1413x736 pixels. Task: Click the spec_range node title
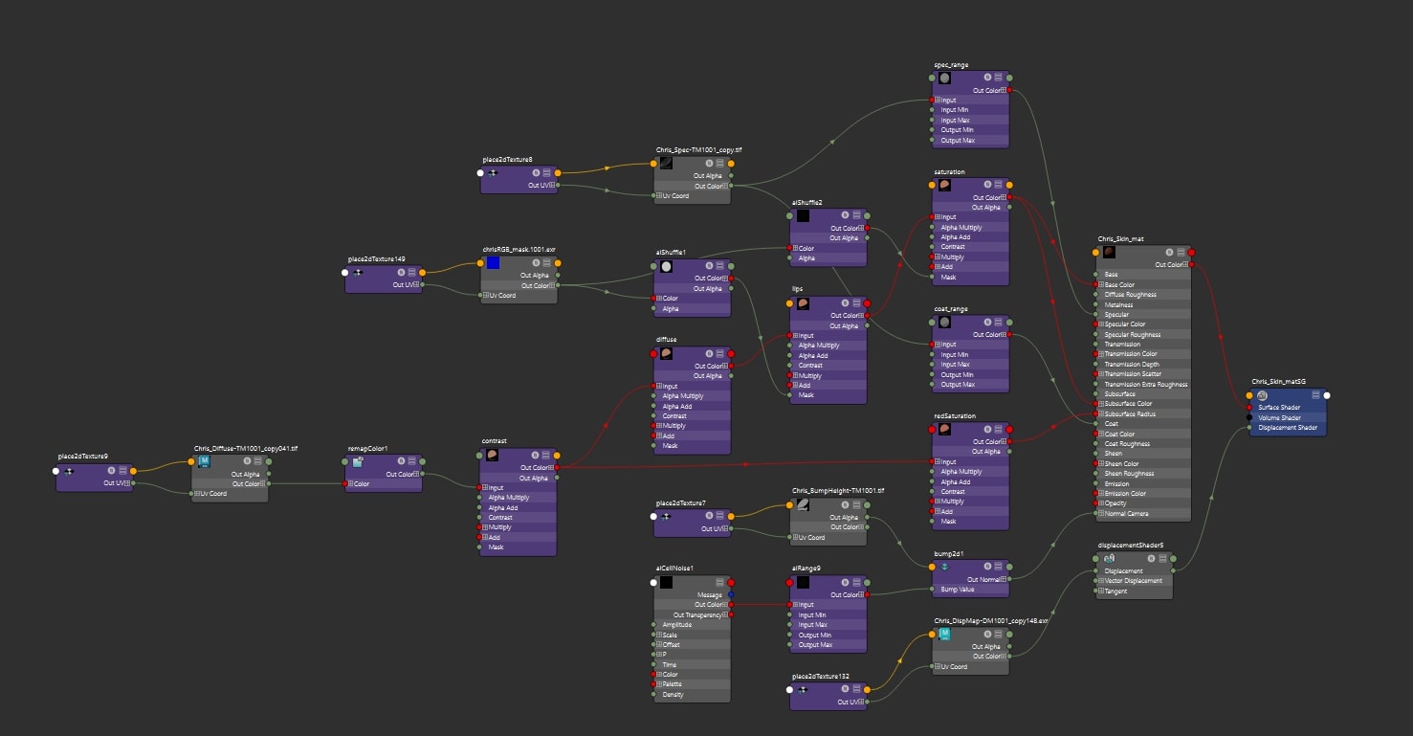pos(951,65)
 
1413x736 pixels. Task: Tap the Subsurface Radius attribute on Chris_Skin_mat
pos(1130,414)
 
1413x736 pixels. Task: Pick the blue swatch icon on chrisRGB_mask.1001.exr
pos(493,263)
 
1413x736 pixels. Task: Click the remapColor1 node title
pos(367,448)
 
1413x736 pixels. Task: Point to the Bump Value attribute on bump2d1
pos(960,590)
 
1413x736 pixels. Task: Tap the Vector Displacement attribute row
pos(1134,581)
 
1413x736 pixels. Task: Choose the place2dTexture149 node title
pos(376,259)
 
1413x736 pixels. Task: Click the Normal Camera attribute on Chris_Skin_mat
pos(1126,514)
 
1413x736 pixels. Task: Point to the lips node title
pos(797,286)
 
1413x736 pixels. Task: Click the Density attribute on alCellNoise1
pos(673,695)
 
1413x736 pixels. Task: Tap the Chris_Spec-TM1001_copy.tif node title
pos(698,150)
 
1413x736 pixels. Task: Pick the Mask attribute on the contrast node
pos(496,547)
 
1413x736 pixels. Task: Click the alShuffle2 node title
pos(806,203)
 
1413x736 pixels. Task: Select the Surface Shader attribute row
pos(1279,408)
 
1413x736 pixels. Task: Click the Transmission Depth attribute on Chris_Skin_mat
pos(1132,365)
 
